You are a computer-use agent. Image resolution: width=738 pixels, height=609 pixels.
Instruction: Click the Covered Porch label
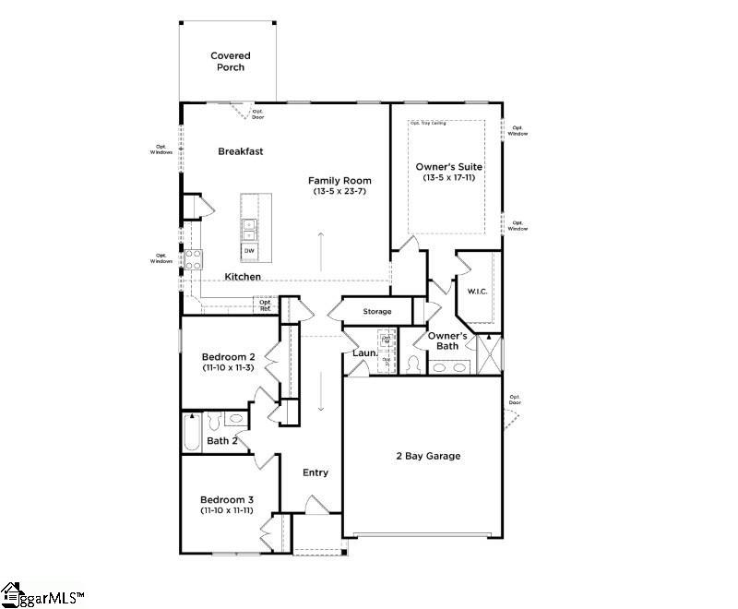point(231,62)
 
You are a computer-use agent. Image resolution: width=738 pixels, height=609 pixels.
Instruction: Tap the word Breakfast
point(242,151)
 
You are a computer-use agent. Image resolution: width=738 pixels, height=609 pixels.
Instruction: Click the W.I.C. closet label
point(477,293)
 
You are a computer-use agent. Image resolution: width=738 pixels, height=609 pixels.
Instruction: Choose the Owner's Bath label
point(447,340)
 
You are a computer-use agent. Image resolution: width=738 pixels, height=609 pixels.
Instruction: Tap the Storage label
point(376,312)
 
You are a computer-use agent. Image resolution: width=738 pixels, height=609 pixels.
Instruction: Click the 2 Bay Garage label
point(428,456)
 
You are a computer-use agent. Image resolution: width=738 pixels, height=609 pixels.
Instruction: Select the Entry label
point(315,472)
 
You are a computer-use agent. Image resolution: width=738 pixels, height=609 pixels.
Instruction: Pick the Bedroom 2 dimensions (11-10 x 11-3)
point(229,367)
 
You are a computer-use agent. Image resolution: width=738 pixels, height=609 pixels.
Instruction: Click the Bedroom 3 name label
point(228,499)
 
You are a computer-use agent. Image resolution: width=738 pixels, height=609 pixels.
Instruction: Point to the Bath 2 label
point(222,441)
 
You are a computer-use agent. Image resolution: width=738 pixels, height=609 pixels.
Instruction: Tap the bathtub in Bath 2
point(192,431)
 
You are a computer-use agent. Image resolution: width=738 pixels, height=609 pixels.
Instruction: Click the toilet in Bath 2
point(213,422)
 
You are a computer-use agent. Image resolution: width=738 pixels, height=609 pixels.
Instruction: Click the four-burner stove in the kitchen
point(194,260)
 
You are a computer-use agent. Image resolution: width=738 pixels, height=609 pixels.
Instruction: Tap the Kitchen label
point(243,277)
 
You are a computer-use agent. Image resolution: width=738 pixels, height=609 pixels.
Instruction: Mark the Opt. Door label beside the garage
point(515,402)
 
